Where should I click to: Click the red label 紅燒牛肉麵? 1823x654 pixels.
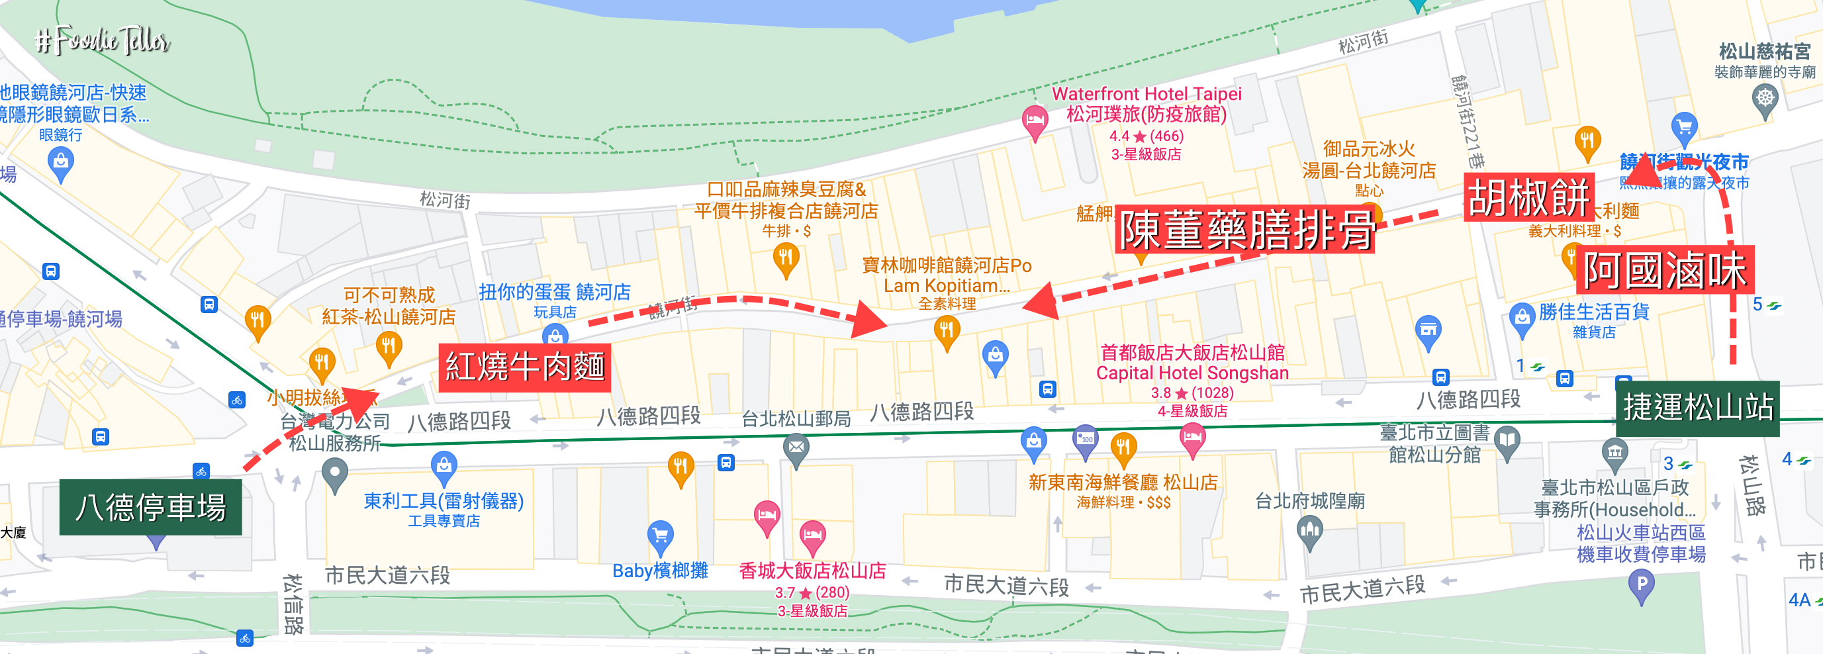tap(524, 367)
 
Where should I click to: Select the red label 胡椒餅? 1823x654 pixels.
tap(1528, 197)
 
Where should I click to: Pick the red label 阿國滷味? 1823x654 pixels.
tap(1665, 269)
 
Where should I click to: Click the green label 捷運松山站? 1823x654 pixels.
tap(1697, 407)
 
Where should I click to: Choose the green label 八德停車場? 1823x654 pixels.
tap(150, 507)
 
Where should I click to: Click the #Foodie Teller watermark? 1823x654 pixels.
tap(103, 40)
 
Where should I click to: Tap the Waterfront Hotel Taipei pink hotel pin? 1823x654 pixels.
tap(1035, 120)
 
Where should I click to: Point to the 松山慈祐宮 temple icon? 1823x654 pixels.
tap(1765, 99)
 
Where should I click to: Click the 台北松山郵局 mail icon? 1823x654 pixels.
tap(796, 448)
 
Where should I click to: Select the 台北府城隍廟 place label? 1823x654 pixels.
tap(1309, 501)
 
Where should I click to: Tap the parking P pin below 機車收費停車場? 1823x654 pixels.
tap(1641, 585)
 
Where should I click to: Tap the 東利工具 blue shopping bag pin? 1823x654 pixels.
tap(444, 466)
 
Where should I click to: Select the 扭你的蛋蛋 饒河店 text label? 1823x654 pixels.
tap(554, 292)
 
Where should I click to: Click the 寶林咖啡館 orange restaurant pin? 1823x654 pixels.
tap(946, 330)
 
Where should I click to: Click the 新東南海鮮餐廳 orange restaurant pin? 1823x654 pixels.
tap(1123, 447)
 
